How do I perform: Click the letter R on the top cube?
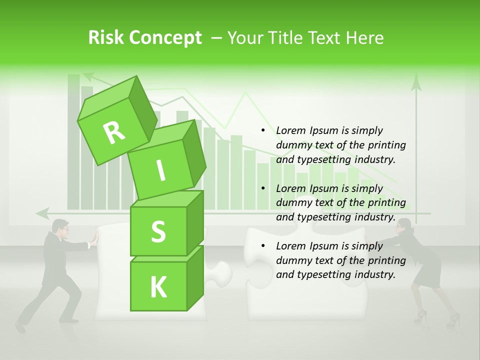click(114, 132)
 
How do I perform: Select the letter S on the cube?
click(158, 231)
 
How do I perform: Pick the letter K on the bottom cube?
click(158, 287)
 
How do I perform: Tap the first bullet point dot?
click(263, 131)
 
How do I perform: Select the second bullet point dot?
click(263, 188)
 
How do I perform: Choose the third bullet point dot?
click(263, 246)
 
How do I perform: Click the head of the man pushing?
click(61, 226)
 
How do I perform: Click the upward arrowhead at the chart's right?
click(416, 82)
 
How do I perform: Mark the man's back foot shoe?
click(20, 327)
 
